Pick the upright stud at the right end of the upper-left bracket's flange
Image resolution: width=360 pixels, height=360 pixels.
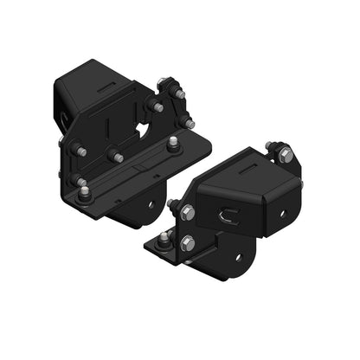click(174, 142)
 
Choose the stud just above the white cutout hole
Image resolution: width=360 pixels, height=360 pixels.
click(157, 106)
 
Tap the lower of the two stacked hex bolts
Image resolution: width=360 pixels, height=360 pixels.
click(186, 243)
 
